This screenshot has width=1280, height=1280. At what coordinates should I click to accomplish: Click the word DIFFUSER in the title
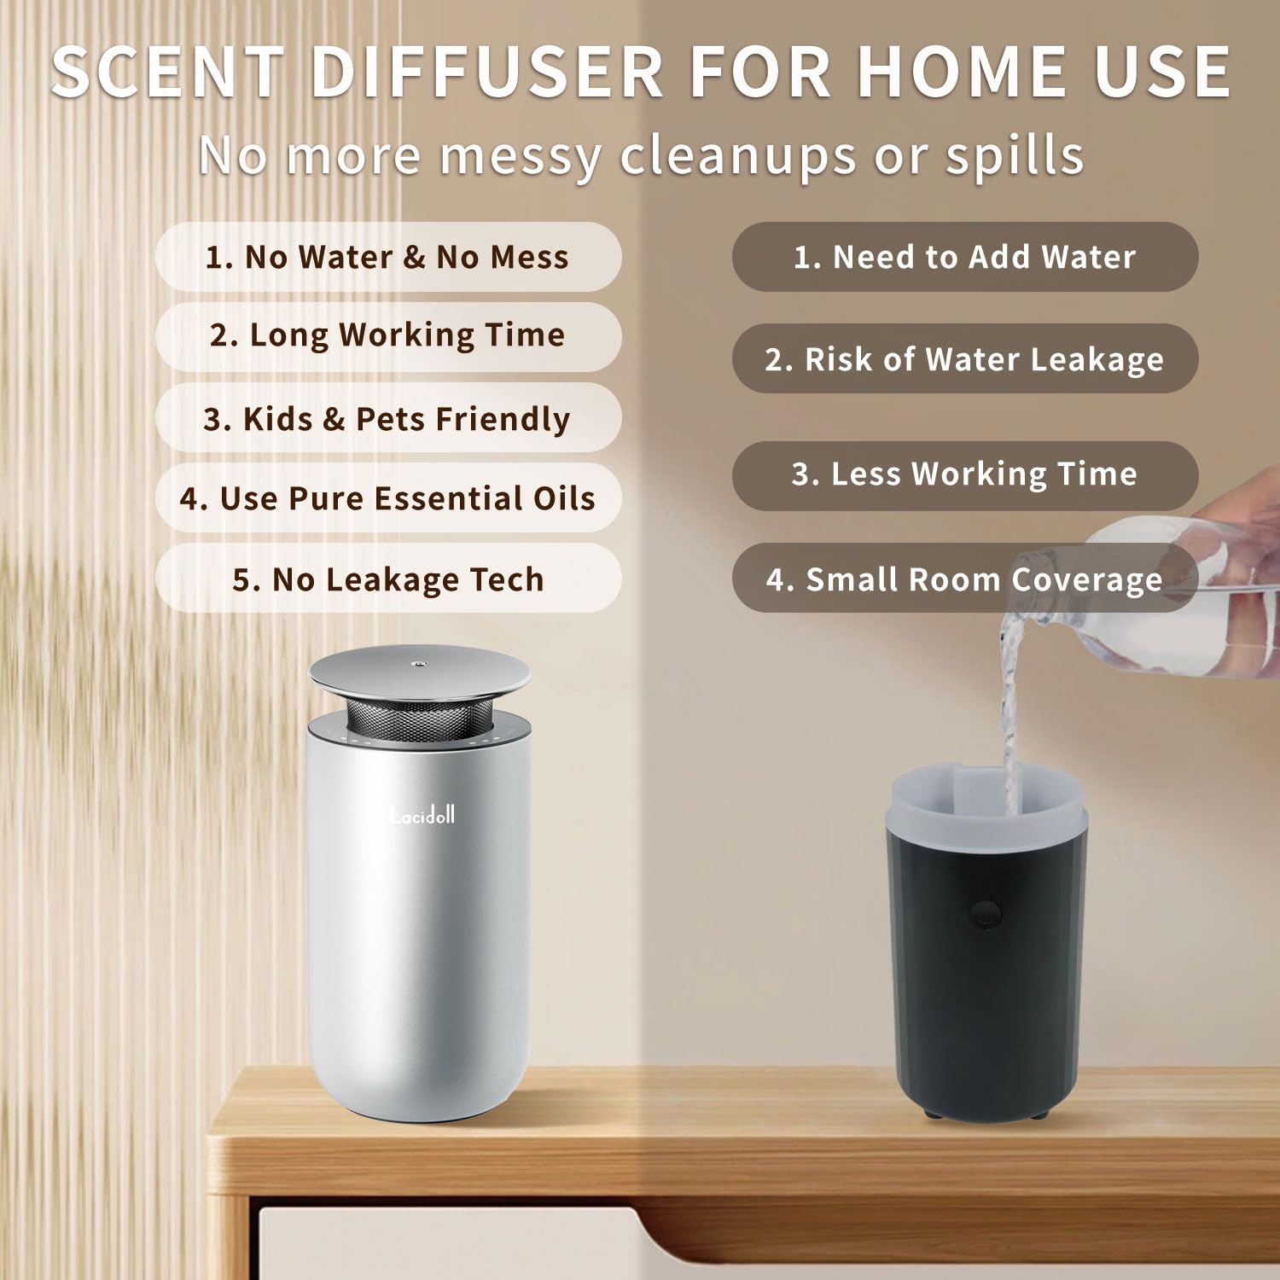(x=486, y=72)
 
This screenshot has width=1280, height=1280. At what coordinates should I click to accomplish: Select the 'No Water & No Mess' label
(x=387, y=257)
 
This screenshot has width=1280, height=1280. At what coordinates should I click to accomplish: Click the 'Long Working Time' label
(x=387, y=335)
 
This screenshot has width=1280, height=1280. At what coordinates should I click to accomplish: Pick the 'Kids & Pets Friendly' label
(x=387, y=418)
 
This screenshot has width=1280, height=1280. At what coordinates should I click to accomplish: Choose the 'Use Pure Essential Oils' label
(x=387, y=498)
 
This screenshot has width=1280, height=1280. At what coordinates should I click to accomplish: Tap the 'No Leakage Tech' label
(x=387, y=579)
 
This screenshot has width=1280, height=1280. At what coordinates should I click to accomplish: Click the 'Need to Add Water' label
(x=964, y=257)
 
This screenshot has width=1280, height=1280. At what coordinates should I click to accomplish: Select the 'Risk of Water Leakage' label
(x=964, y=359)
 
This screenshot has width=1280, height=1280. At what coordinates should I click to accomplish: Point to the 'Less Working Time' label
(x=964, y=474)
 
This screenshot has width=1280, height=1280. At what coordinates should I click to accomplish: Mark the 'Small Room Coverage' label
(x=964, y=579)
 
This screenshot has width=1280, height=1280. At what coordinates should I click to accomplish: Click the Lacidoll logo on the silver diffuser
(x=422, y=816)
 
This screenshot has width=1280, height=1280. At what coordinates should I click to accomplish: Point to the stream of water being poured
(x=1011, y=700)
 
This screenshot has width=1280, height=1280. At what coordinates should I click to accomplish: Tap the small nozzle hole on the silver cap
(x=419, y=662)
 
